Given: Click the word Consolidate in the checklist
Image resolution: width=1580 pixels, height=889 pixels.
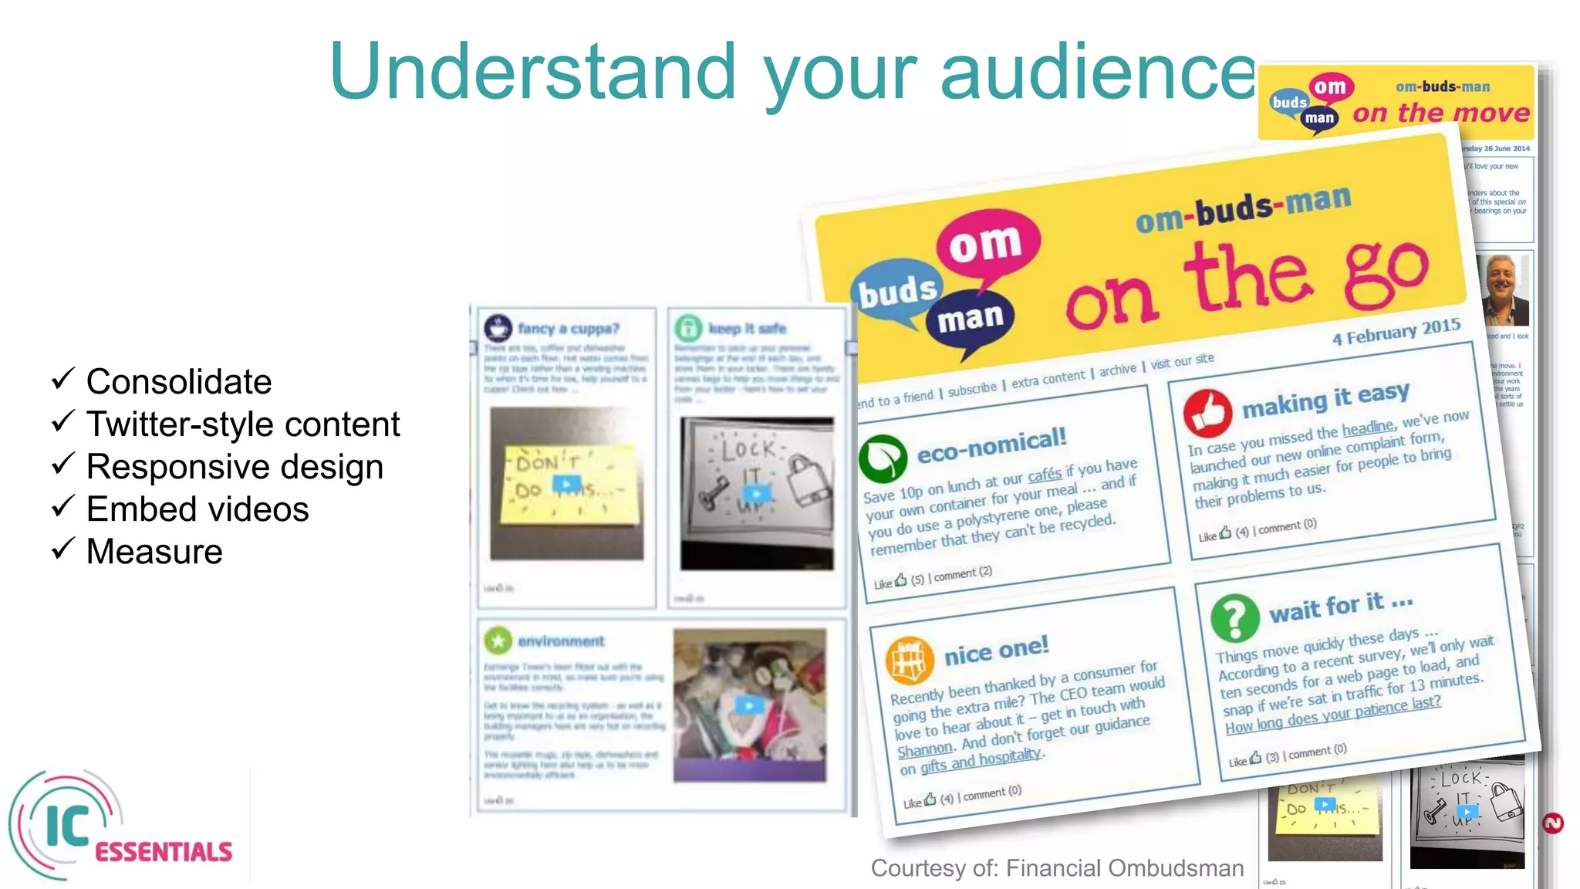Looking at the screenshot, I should coord(178,382).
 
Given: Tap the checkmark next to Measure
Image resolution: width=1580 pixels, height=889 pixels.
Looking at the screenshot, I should coord(62,549).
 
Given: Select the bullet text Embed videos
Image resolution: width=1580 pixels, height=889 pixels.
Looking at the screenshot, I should coord(197,509).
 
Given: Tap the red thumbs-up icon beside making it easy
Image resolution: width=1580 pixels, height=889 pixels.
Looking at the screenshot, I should coord(1207,414).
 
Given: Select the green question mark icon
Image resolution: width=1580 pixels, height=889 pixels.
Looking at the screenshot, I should coord(1234,618).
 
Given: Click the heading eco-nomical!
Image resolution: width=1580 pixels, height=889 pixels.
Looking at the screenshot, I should coord(991,446).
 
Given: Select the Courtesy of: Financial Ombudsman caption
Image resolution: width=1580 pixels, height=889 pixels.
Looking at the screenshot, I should coord(1057,868).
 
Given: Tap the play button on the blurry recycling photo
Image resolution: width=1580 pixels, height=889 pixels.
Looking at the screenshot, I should coord(748,705).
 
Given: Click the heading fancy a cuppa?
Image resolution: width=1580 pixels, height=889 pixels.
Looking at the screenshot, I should coord(568,329).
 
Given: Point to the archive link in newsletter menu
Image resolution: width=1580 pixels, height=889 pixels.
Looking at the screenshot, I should coord(1117,370).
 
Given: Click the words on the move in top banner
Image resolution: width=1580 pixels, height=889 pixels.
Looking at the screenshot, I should coord(1440,113).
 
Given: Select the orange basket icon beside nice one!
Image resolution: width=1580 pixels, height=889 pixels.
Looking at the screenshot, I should coord(909,661).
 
